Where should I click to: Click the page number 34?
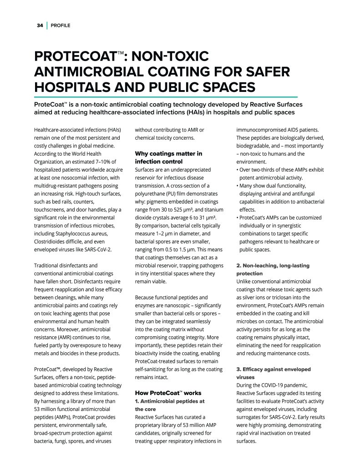[40, 25]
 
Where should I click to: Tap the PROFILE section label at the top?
[60, 25]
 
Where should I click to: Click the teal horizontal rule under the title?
[166, 97]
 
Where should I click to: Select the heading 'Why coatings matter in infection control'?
[168, 157]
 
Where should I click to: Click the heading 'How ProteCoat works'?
[168, 393]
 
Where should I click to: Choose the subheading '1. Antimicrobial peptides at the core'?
[170, 405]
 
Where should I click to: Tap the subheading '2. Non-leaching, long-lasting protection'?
[273, 269]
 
